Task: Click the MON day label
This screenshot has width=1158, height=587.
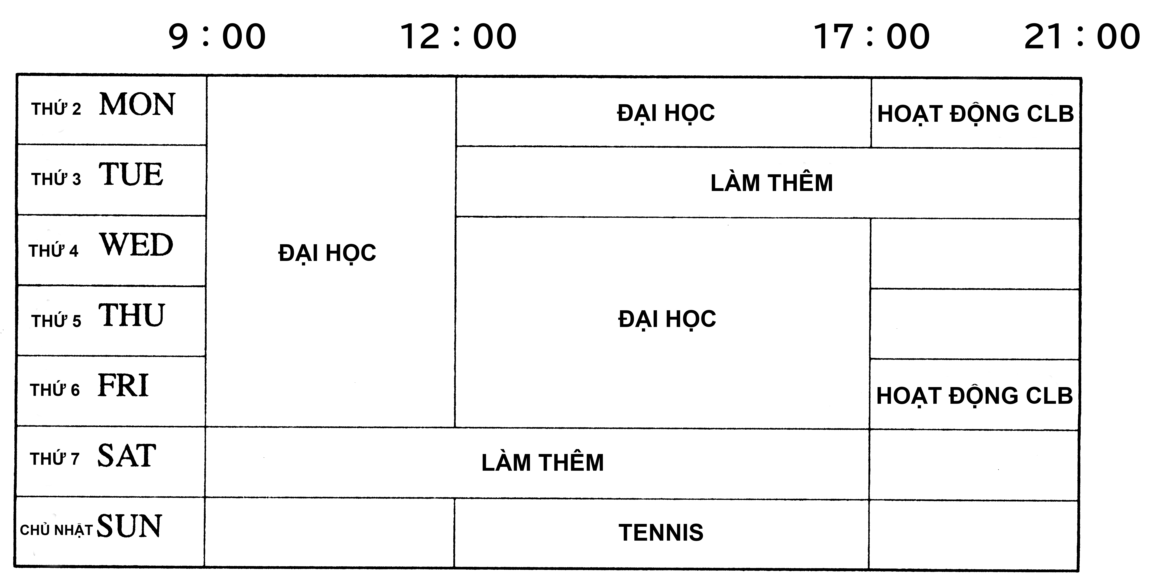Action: coord(137,105)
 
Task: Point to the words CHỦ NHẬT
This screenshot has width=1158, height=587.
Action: coord(56,530)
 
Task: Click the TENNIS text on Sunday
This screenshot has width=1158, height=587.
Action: coord(661,533)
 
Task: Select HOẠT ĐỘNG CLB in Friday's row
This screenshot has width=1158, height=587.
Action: coord(975,396)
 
